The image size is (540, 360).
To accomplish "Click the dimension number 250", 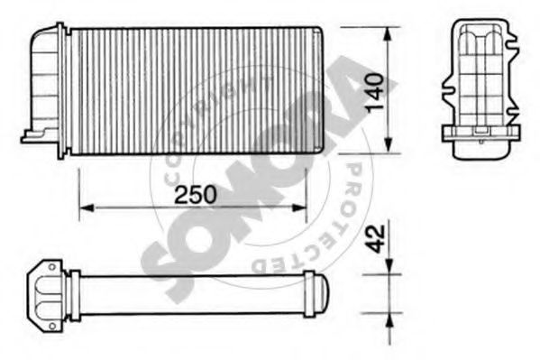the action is click(196, 195).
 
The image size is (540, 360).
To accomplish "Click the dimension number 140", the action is click(375, 92).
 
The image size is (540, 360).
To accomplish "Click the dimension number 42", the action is click(375, 238).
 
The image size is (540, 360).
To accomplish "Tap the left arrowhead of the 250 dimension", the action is click(87, 208).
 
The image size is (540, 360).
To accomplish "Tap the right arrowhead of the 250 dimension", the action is click(299, 208).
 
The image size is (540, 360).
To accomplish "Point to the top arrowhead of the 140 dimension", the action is click(389, 34).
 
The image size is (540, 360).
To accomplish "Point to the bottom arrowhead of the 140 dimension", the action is click(389, 145).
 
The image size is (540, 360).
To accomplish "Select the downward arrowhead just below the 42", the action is click(389, 267).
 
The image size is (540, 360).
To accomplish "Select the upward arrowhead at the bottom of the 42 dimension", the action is click(389, 321).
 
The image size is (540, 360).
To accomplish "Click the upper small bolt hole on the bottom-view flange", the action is click(51, 267).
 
